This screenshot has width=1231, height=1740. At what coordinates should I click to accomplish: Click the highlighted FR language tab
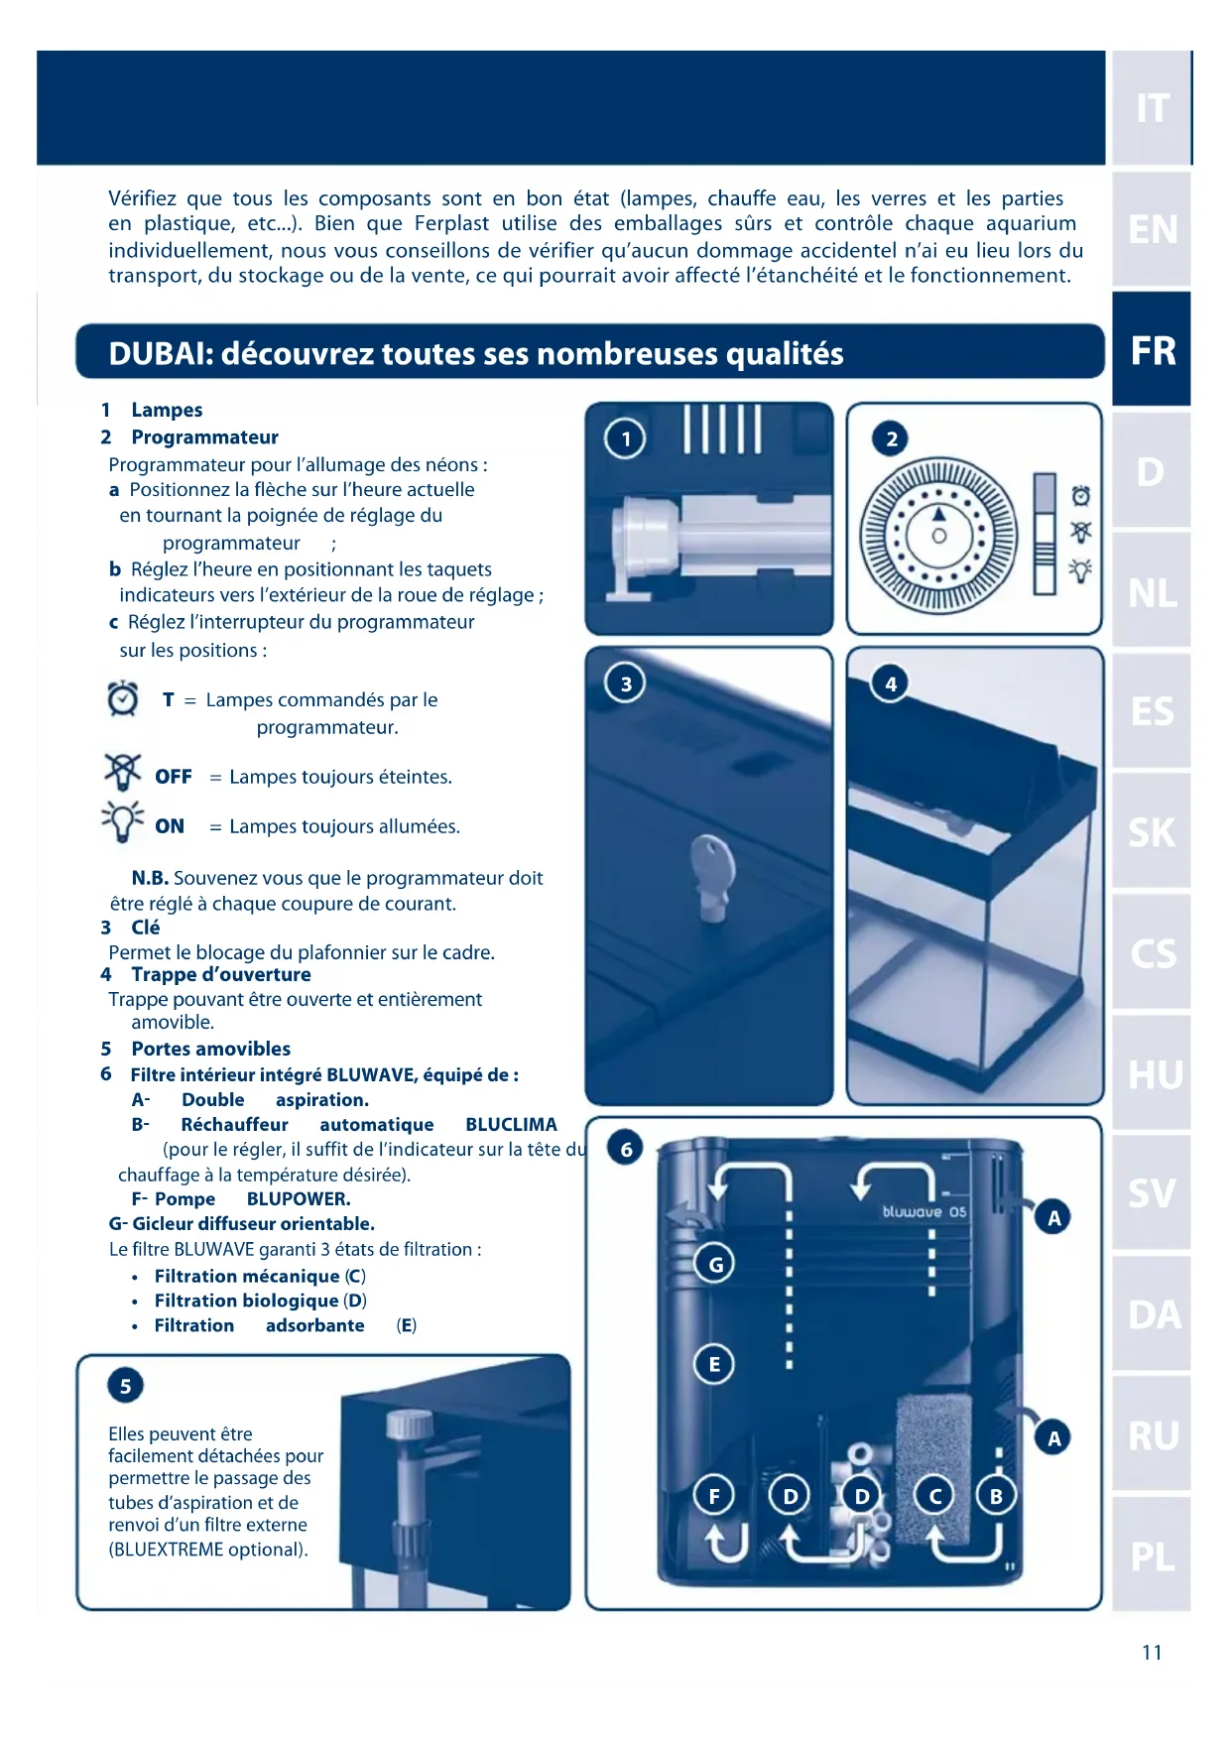pos(1152,350)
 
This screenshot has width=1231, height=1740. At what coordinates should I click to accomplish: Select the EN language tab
pos(1152,229)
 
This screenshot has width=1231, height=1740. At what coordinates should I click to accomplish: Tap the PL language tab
pos(1152,1555)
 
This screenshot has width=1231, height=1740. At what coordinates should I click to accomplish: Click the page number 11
pos(1151,1652)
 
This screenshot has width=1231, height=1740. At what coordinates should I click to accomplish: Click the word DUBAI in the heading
pos(159,354)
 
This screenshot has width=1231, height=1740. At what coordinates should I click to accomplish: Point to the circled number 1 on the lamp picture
pos(625,438)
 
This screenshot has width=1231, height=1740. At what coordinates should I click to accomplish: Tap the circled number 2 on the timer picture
pos(891,438)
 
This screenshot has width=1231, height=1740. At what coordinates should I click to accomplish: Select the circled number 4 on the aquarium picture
pos(890,684)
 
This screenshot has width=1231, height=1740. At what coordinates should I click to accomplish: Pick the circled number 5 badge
pos(125,1386)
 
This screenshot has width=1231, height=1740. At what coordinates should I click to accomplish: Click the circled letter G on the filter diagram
pos(715,1264)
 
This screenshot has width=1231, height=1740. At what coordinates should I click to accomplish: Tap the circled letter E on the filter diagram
pos(714,1364)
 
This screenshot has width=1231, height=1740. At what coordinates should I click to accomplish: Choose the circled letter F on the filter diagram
pos(714,1496)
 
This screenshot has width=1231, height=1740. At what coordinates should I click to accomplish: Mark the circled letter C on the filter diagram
pos(933,1496)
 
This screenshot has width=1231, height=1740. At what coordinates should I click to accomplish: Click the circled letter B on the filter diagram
pos(996,1496)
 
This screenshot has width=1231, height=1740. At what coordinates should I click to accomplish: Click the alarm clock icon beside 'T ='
pos(123,698)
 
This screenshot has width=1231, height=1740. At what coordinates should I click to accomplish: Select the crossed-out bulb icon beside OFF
pos(123,771)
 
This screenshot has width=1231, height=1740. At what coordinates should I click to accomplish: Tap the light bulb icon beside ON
pos(123,821)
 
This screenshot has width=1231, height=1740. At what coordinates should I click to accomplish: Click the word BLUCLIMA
pos(511,1125)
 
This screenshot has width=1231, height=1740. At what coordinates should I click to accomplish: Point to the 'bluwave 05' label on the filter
pos(923,1211)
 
